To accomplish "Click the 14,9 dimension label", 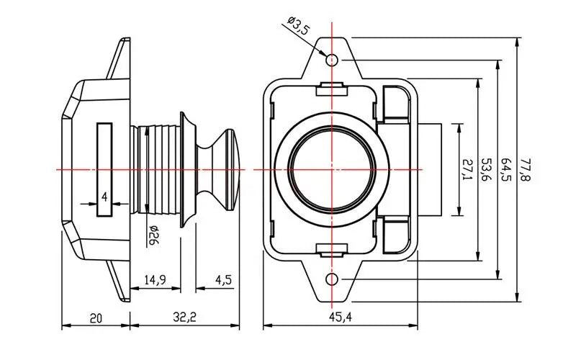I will pyautogui.click(x=156, y=279).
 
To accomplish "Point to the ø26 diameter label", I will pyautogui.click(x=153, y=235).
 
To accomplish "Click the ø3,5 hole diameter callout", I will pyautogui.click(x=297, y=28).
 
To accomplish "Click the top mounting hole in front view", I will pyautogui.click(x=332, y=59).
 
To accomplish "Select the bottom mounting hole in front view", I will pyautogui.click(x=332, y=279).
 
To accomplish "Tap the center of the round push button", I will pyautogui.click(x=332, y=169).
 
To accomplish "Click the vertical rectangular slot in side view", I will pyautogui.click(x=105, y=169).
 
